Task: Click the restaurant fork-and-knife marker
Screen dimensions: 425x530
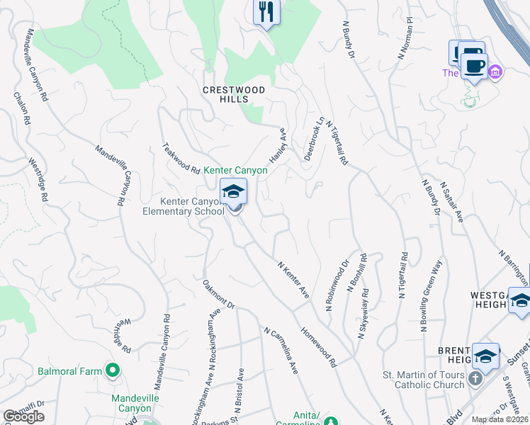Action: pyautogui.click(x=266, y=12)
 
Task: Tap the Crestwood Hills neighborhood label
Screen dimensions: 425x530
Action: pyautogui.click(x=234, y=94)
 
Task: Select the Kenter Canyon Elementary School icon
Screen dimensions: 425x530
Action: pyautogui.click(x=233, y=192)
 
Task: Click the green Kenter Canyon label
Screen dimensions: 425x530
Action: pyautogui.click(x=236, y=171)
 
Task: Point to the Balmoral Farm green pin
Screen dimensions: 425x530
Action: pyautogui.click(x=112, y=369)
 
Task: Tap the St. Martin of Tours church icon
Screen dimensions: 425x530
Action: pyautogui.click(x=475, y=380)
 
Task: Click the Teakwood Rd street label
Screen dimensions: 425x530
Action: pyautogui.click(x=181, y=159)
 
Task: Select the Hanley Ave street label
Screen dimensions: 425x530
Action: pyautogui.click(x=277, y=145)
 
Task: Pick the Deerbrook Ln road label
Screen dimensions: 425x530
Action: pyautogui.click(x=314, y=138)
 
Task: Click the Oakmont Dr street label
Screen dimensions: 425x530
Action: pyautogui.click(x=218, y=295)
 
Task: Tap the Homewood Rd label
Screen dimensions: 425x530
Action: pyautogui.click(x=319, y=347)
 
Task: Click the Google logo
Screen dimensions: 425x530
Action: pyautogui.click(x=23, y=416)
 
